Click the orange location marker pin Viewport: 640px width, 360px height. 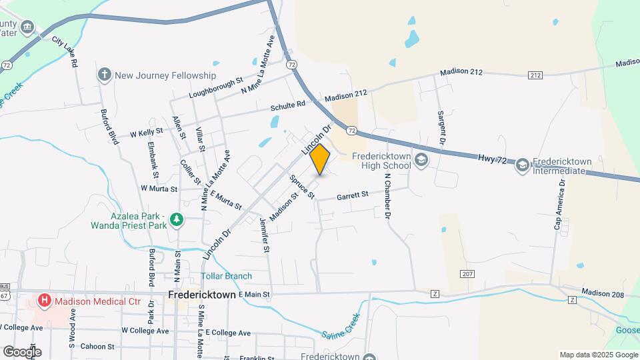(x=320, y=159)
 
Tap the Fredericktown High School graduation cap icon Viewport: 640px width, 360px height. (x=421, y=160)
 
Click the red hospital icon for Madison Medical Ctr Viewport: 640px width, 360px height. (x=44, y=301)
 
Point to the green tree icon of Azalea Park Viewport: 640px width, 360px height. (x=176, y=219)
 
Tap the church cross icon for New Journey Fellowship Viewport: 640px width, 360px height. (x=104, y=75)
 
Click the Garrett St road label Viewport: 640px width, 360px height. (x=352, y=195)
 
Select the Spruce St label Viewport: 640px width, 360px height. (x=301, y=186)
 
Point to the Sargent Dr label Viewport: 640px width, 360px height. (x=441, y=129)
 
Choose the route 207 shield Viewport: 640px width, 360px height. (x=467, y=274)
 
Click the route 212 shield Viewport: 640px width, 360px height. (x=535, y=75)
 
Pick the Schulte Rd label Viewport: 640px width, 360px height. (x=287, y=105)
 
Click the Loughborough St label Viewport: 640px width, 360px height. (x=216, y=88)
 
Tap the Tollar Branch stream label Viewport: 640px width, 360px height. (x=227, y=276)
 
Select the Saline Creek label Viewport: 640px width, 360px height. (x=341, y=326)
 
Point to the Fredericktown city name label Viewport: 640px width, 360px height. (x=201, y=294)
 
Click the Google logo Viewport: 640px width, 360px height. (x=22, y=351)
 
